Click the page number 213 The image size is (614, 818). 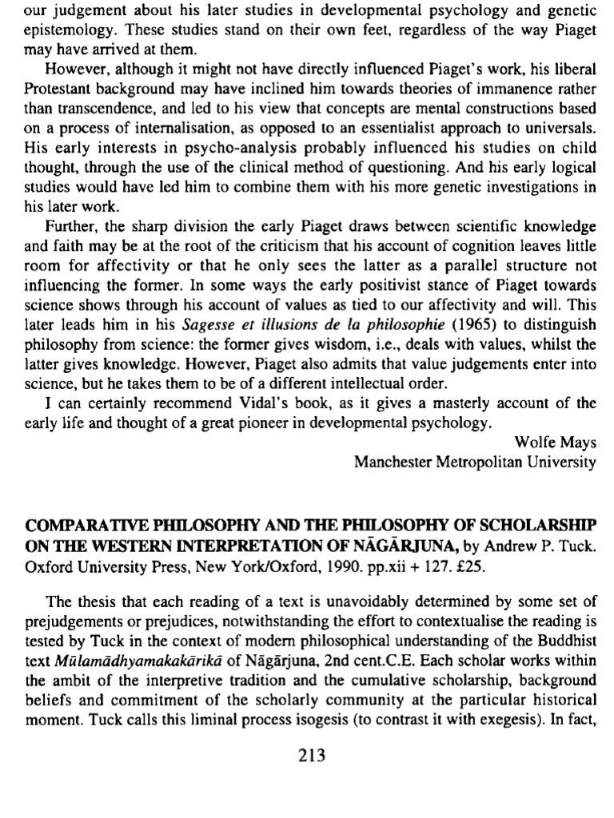tap(307, 756)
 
